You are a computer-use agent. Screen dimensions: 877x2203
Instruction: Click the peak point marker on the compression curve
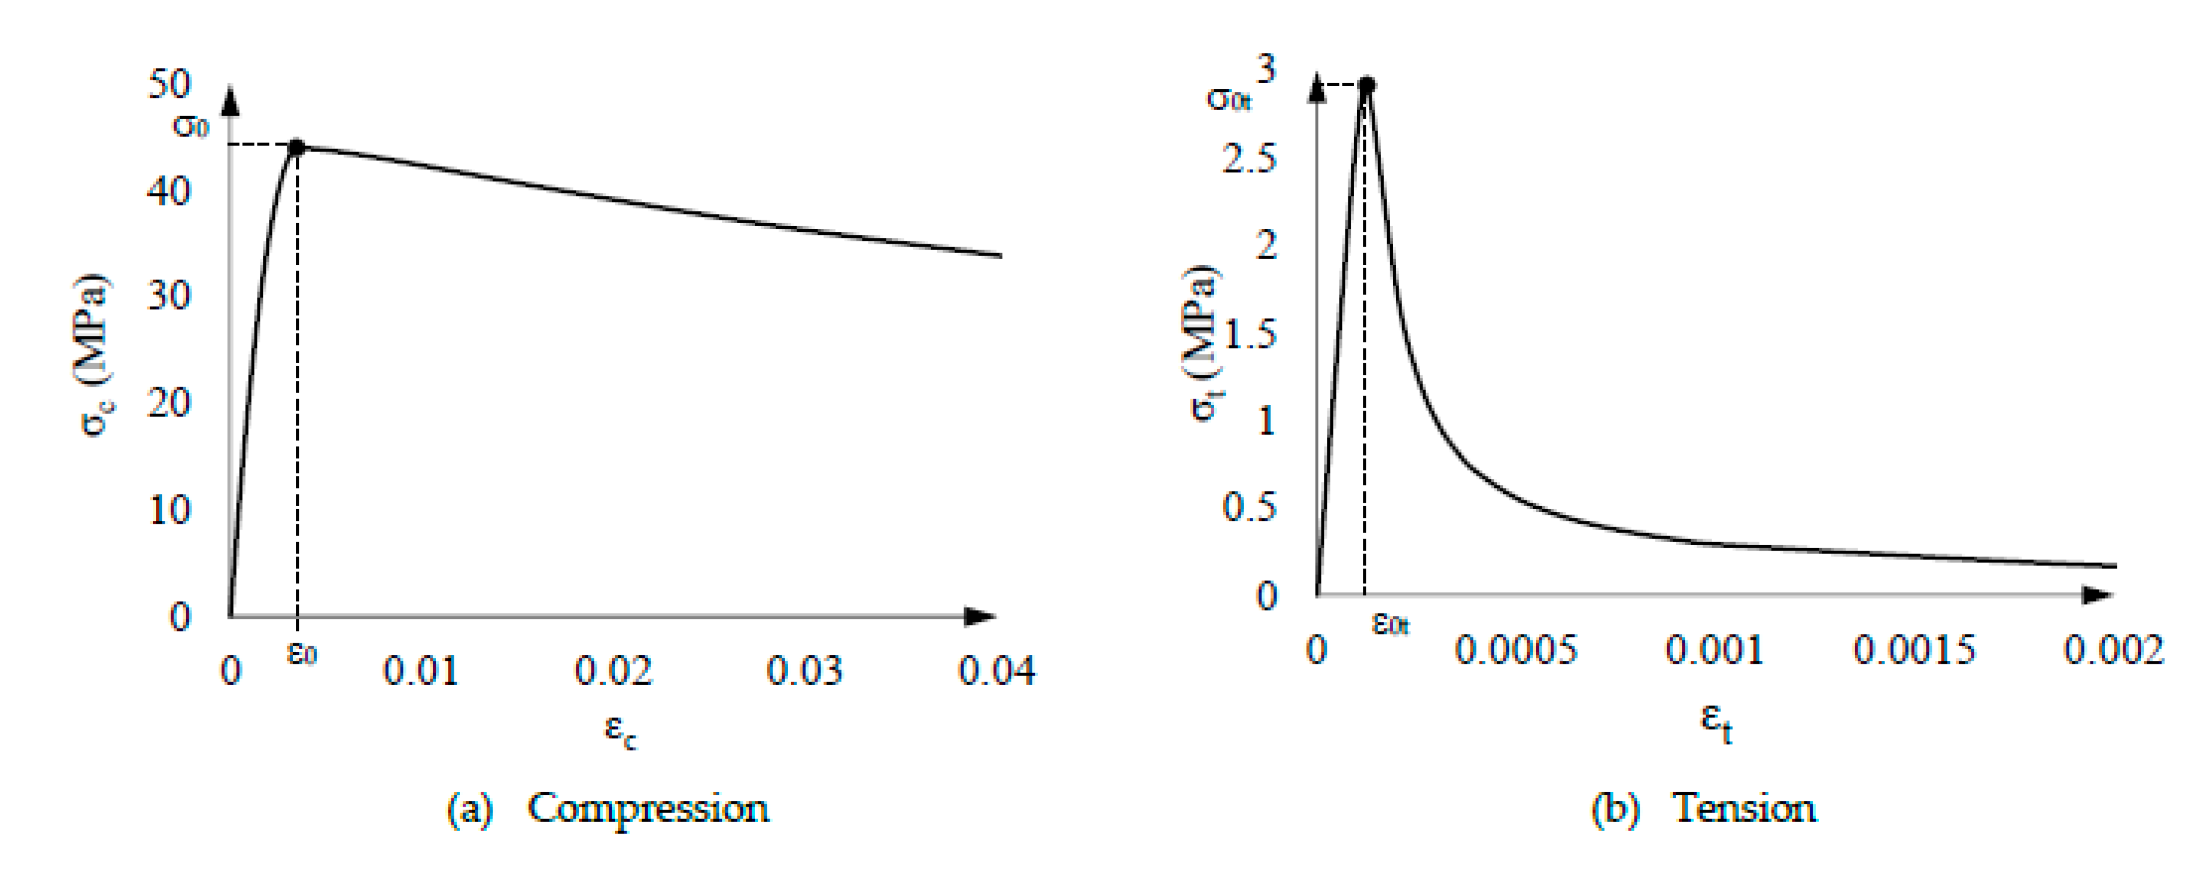tap(297, 147)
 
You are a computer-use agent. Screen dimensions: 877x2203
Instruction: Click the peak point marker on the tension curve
tap(1366, 84)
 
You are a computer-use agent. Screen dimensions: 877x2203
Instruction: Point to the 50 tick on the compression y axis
tap(169, 84)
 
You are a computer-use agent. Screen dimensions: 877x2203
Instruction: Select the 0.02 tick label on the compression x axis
tap(613, 671)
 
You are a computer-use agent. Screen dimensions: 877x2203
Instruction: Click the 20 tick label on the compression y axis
tap(169, 402)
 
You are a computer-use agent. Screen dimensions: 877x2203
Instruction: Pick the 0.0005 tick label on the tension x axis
tap(1515, 650)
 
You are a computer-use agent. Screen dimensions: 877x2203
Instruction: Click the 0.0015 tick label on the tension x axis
tap(1914, 650)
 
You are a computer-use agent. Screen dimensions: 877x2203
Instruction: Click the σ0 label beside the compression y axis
tap(191, 127)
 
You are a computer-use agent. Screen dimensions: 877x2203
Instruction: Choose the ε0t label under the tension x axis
tap(1391, 624)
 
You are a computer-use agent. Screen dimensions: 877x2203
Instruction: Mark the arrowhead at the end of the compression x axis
tap(980, 616)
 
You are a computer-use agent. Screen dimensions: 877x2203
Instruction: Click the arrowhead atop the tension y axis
tap(1318, 89)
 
